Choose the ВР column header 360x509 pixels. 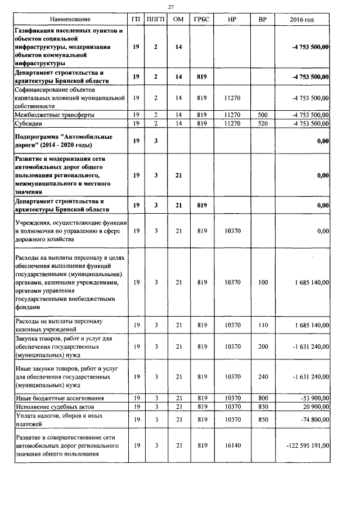coord(263,20)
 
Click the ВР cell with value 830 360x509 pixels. coord(263,406)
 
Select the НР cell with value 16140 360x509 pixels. coord(231,445)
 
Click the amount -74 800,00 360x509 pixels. coord(311,419)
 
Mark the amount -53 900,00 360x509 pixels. coord(311,398)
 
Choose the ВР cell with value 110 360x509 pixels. coord(263,325)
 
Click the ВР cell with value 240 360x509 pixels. coord(263,377)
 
